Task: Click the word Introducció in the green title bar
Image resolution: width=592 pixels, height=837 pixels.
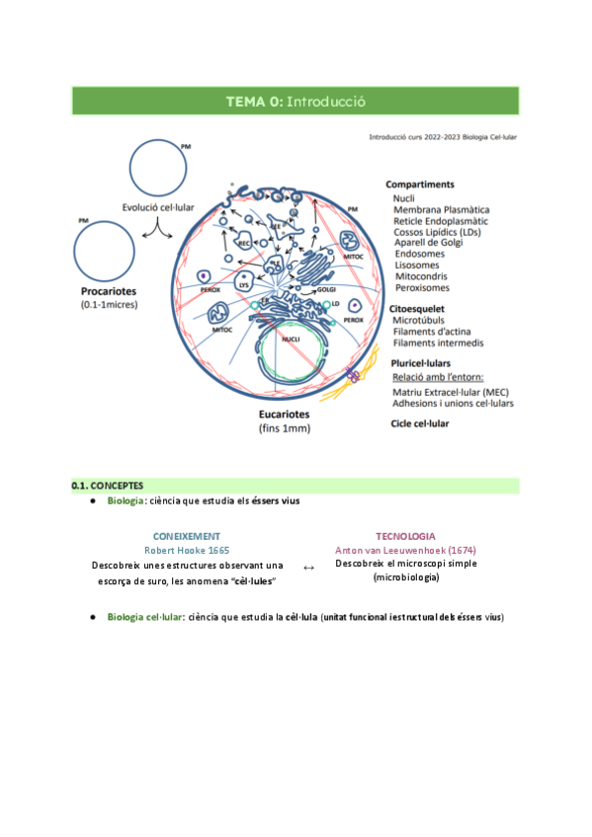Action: [326, 101]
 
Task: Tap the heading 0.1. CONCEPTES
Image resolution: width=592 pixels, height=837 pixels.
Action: [108, 486]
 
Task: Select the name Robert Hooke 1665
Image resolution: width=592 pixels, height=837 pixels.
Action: [187, 549]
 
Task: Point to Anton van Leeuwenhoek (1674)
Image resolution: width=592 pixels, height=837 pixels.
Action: [405, 549]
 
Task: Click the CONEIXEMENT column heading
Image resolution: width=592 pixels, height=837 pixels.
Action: [187, 535]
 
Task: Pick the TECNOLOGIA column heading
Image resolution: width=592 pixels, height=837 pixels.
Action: [405, 535]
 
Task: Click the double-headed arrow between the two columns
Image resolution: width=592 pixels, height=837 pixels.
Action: [307, 568]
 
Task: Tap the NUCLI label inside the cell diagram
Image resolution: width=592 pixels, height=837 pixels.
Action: [290, 339]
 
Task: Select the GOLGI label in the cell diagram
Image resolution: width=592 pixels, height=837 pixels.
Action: [327, 289]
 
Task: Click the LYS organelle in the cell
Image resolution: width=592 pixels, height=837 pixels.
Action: [242, 284]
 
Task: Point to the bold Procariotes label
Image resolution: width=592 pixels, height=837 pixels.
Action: [108, 292]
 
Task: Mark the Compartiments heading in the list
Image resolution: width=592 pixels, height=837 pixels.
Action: [420, 184]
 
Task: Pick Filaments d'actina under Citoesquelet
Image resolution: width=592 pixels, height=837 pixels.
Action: [438, 331]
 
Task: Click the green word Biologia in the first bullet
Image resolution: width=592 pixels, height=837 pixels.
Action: [126, 501]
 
